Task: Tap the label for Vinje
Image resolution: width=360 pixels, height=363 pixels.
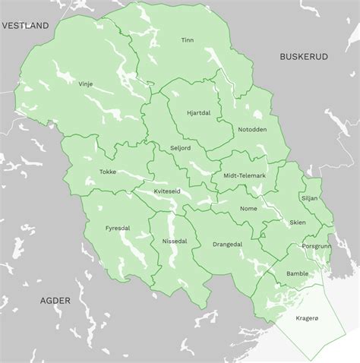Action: coord(85,84)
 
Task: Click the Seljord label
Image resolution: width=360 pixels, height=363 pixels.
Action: coord(180,148)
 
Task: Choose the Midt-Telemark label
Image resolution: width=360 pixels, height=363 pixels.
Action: coord(244,175)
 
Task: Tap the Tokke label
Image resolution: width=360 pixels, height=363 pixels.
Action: coord(107,172)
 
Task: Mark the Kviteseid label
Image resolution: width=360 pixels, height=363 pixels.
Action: coord(167,191)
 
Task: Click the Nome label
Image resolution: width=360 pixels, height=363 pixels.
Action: coord(248,208)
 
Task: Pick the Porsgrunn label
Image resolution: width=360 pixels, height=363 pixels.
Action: coord(317,246)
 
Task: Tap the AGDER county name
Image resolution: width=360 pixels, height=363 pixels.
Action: coord(55,301)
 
